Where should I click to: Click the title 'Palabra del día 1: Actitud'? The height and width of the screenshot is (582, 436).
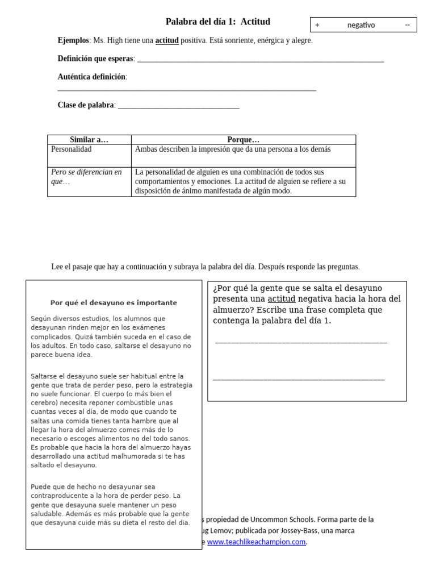click(x=217, y=22)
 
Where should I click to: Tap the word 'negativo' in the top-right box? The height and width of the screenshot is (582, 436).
click(x=361, y=25)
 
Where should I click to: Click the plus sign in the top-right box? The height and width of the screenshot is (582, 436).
click(x=317, y=25)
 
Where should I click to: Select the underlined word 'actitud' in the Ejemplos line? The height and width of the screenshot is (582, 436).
click(x=167, y=40)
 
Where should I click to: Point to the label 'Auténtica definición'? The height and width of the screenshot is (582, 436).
click(x=92, y=77)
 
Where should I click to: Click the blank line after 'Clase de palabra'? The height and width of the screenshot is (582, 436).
click(x=178, y=106)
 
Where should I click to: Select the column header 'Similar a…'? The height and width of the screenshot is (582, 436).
click(x=89, y=140)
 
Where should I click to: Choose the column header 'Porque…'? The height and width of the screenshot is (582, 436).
click(x=243, y=140)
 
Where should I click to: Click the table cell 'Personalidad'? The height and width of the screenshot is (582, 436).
click(x=71, y=149)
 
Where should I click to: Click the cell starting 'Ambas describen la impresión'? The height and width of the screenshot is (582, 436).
click(x=233, y=149)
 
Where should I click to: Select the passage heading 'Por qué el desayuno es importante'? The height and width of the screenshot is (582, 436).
click(x=114, y=303)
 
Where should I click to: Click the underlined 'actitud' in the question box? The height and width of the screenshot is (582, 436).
click(x=282, y=299)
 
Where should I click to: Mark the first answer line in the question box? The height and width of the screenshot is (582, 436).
click(x=301, y=342)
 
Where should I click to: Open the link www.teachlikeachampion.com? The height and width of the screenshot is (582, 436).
click(x=257, y=542)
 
